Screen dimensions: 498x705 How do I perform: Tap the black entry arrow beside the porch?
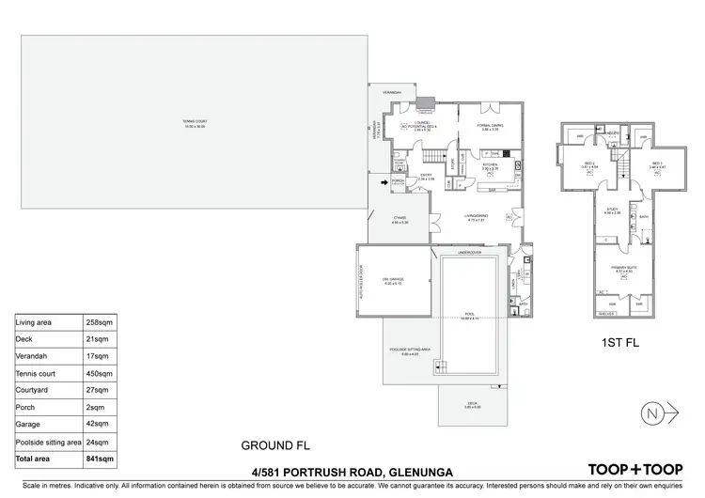click(384, 181)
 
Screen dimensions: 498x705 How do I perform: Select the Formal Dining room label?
click(486, 126)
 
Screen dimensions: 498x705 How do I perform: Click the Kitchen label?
click(490, 165)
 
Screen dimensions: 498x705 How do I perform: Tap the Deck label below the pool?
click(472, 405)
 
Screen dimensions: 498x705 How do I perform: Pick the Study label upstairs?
click(611, 210)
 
